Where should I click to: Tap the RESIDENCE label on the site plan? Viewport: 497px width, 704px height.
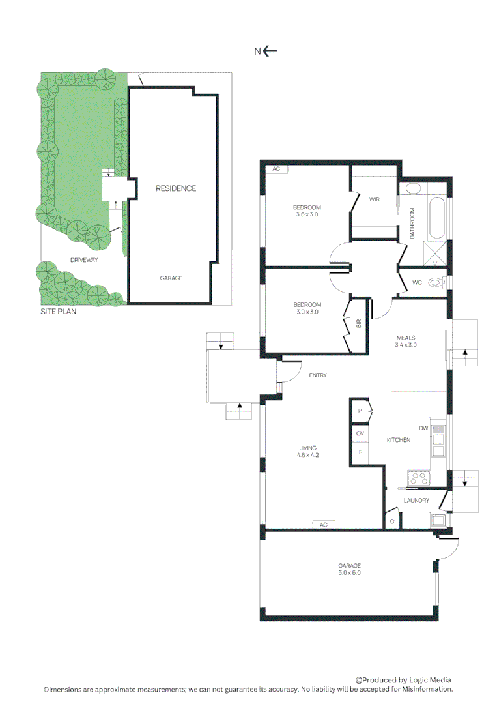coord(175,188)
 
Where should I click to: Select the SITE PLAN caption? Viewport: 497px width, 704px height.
coord(58,312)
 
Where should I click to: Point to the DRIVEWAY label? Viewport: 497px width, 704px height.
coord(84,260)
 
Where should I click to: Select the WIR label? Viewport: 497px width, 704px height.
coord(374,199)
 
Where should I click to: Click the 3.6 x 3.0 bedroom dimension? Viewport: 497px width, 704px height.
coord(307,214)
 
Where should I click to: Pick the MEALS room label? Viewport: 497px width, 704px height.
coord(406,338)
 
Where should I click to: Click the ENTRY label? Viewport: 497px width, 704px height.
coord(318,375)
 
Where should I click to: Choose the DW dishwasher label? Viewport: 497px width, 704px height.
coord(423,428)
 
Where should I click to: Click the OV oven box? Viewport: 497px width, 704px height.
coord(360,433)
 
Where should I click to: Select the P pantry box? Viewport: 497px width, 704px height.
coord(360,411)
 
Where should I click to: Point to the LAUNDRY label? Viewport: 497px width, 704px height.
coord(416,501)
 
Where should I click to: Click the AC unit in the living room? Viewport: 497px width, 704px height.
coord(323,524)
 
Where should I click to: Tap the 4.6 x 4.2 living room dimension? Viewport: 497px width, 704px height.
coord(307,456)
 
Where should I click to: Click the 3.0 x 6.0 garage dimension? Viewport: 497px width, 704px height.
coord(349,573)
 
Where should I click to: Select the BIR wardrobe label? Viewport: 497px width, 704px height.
coord(359,324)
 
